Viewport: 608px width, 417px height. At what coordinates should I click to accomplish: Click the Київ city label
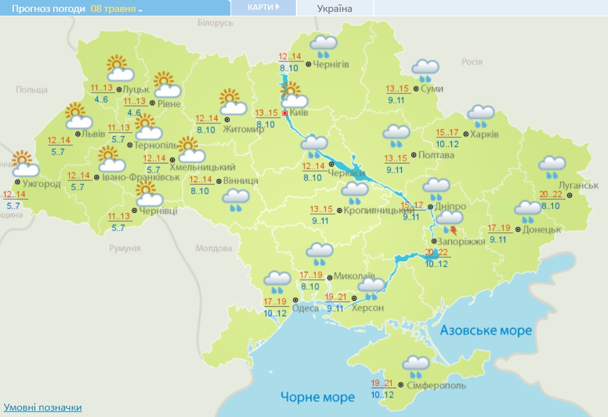coord(298,113)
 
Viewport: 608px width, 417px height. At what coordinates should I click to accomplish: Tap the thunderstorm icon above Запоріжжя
coord(449,220)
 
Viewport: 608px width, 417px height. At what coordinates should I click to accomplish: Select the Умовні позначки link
coord(43,408)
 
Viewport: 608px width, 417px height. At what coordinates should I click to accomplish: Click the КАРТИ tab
coord(263,8)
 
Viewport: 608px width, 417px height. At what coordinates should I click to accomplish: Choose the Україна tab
coord(335,8)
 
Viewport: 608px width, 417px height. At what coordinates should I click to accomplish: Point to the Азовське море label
coord(486,330)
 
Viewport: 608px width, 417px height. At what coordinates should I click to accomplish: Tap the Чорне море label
coord(318,396)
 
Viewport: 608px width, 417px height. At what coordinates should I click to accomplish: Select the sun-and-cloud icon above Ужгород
coord(24,164)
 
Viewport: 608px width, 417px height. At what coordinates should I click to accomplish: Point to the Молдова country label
coord(214,249)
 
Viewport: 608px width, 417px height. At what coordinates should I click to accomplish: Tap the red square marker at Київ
coord(285,114)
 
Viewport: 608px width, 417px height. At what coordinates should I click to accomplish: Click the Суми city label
coord(432,89)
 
